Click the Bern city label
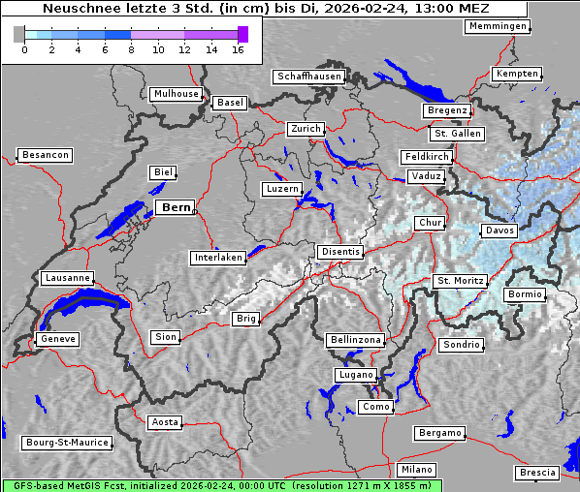[176, 207]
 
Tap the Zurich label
[305, 129]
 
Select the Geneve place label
[57, 339]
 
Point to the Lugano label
[355, 375]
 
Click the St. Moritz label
[460, 281]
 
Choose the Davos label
[500, 231]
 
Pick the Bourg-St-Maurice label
[67, 443]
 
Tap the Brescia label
[537, 472]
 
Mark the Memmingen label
[498, 26]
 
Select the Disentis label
[340, 252]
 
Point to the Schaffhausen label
[308, 76]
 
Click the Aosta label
[165, 422]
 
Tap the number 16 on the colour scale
[238, 49]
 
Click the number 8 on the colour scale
[131, 49]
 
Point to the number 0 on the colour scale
[24, 49]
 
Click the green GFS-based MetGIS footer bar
[221, 485]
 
